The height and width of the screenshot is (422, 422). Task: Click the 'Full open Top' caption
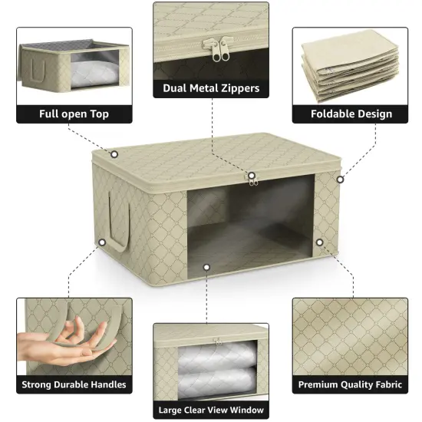point(74,114)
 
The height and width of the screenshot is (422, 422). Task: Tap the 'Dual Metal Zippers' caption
point(211,88)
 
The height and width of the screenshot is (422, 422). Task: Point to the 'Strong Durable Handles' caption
point(74,384)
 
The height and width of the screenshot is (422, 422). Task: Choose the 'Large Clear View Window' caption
point(211,410)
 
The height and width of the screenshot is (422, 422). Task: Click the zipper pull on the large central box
point(252,177)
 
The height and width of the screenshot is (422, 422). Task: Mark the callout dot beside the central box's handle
point(101,242)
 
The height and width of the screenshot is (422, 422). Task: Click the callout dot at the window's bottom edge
point(206,267)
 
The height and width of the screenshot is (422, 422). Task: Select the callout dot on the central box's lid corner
point(114,154)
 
